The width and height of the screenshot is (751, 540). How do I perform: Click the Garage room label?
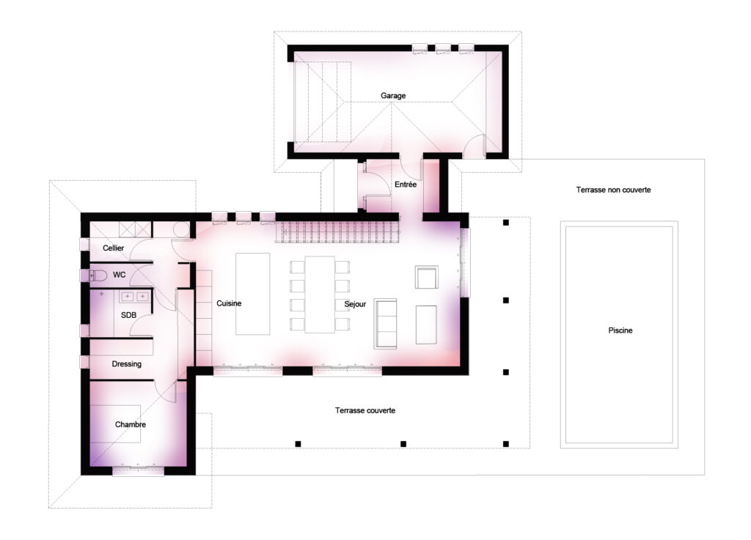[x=393, y=96]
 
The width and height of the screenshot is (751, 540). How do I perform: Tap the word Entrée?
[x=405, y=184]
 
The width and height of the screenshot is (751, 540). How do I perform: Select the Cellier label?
[x=113, y=248]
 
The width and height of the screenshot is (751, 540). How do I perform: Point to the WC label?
[x=120, y=275]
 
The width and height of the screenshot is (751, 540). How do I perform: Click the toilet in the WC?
[x=98, y=275]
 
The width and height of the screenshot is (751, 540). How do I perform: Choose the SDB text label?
[x=128, y=315]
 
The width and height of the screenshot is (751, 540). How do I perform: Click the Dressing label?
[x=126, y=364]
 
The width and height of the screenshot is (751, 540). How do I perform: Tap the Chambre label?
[x=131, y=424]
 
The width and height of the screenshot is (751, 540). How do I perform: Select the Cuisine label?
[x=229, y=303]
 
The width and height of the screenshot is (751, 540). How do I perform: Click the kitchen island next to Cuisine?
[x=252, y=294]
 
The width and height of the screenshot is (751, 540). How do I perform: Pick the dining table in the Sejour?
[x=320, y=294]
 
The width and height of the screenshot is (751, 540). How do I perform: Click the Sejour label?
[x=355, y=304]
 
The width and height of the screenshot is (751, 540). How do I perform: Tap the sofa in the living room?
[x=385, y=323]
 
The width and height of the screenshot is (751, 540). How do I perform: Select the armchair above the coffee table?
[x=426, y=278]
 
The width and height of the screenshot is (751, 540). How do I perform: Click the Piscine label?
[x=620, y=330]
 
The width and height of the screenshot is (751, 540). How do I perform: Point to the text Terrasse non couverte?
[x=613, y=190]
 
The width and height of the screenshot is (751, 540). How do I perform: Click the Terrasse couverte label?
[x=365, y=410]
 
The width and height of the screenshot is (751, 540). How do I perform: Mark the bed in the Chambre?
[x=115, y=424]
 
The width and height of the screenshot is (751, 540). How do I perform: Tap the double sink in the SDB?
[x=135, y=297]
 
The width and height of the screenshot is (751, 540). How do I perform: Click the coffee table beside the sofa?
[x=426, y=325]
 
